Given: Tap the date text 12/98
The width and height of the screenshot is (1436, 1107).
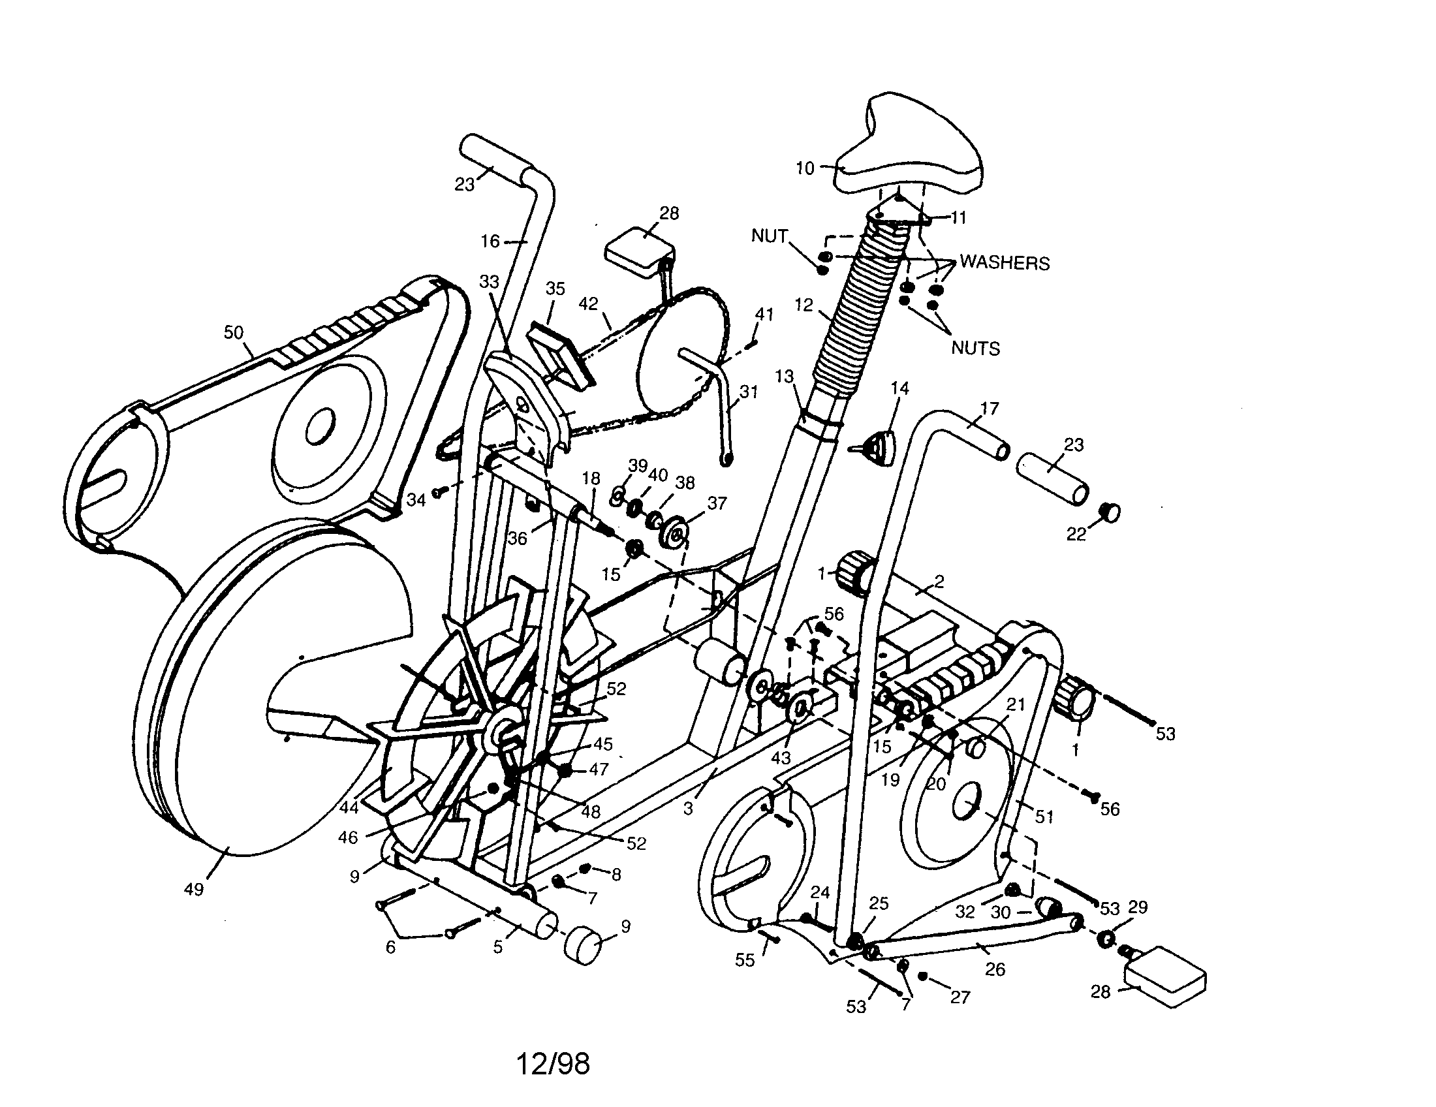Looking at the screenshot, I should pos(552,1064).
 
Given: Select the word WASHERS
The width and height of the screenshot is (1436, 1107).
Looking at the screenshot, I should pos(1004,263).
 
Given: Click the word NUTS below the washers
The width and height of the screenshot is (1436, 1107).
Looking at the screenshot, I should pos(975,349).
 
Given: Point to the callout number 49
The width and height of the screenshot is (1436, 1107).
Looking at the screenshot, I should pos(194,890).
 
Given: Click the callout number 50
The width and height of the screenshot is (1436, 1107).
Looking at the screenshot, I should pos(234,333).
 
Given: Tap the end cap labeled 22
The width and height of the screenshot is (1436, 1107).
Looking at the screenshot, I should pos(1109,512).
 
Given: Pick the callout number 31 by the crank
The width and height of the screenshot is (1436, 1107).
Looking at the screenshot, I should pos(749,392).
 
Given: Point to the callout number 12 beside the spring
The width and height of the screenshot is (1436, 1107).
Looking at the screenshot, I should pos(804,305).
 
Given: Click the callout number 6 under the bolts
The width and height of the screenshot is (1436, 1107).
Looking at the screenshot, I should pos(390,947).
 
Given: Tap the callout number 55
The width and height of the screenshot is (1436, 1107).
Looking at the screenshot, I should pos(744,960).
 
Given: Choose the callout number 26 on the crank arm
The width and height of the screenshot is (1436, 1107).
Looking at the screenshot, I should pos(995,969).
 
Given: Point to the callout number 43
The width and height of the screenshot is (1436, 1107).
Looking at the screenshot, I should pos(781,758).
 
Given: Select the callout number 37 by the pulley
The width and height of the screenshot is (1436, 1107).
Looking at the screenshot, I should pos(717,503).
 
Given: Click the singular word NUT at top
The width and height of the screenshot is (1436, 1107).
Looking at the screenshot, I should pos(770,236).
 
